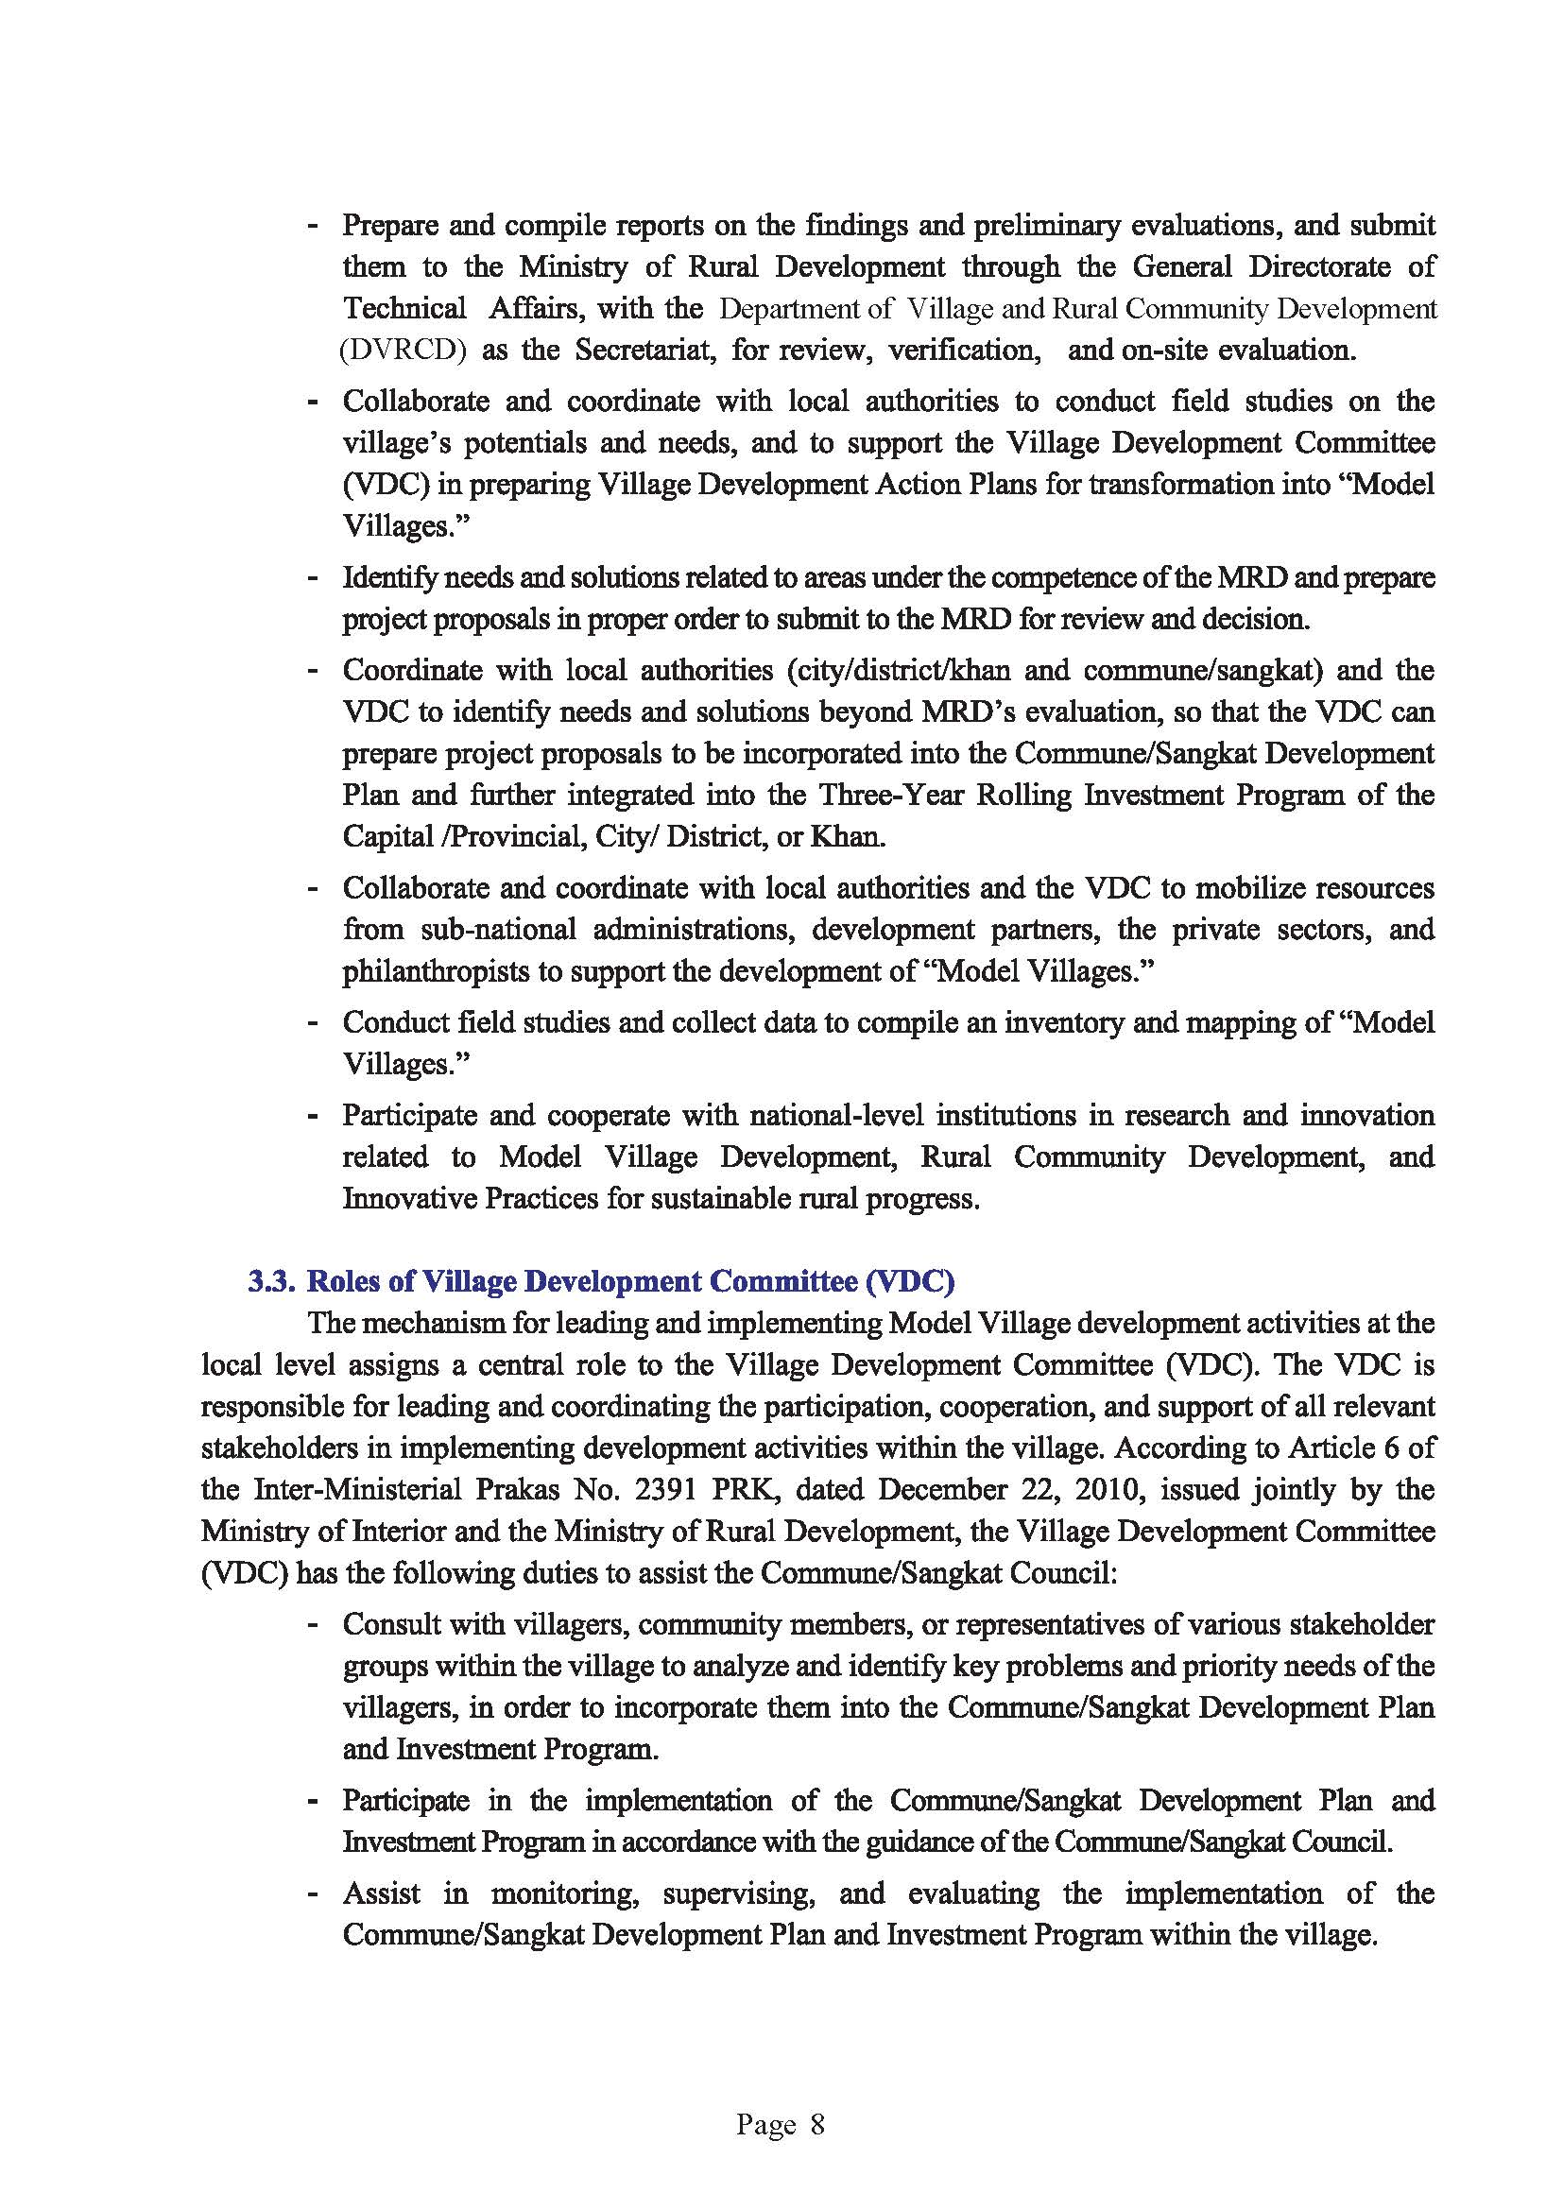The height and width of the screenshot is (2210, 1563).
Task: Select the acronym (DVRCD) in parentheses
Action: pyautogui.click(x=403, y=350)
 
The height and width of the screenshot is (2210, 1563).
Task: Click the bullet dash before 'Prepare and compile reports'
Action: pyautogui.click(x=312, y=226)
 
